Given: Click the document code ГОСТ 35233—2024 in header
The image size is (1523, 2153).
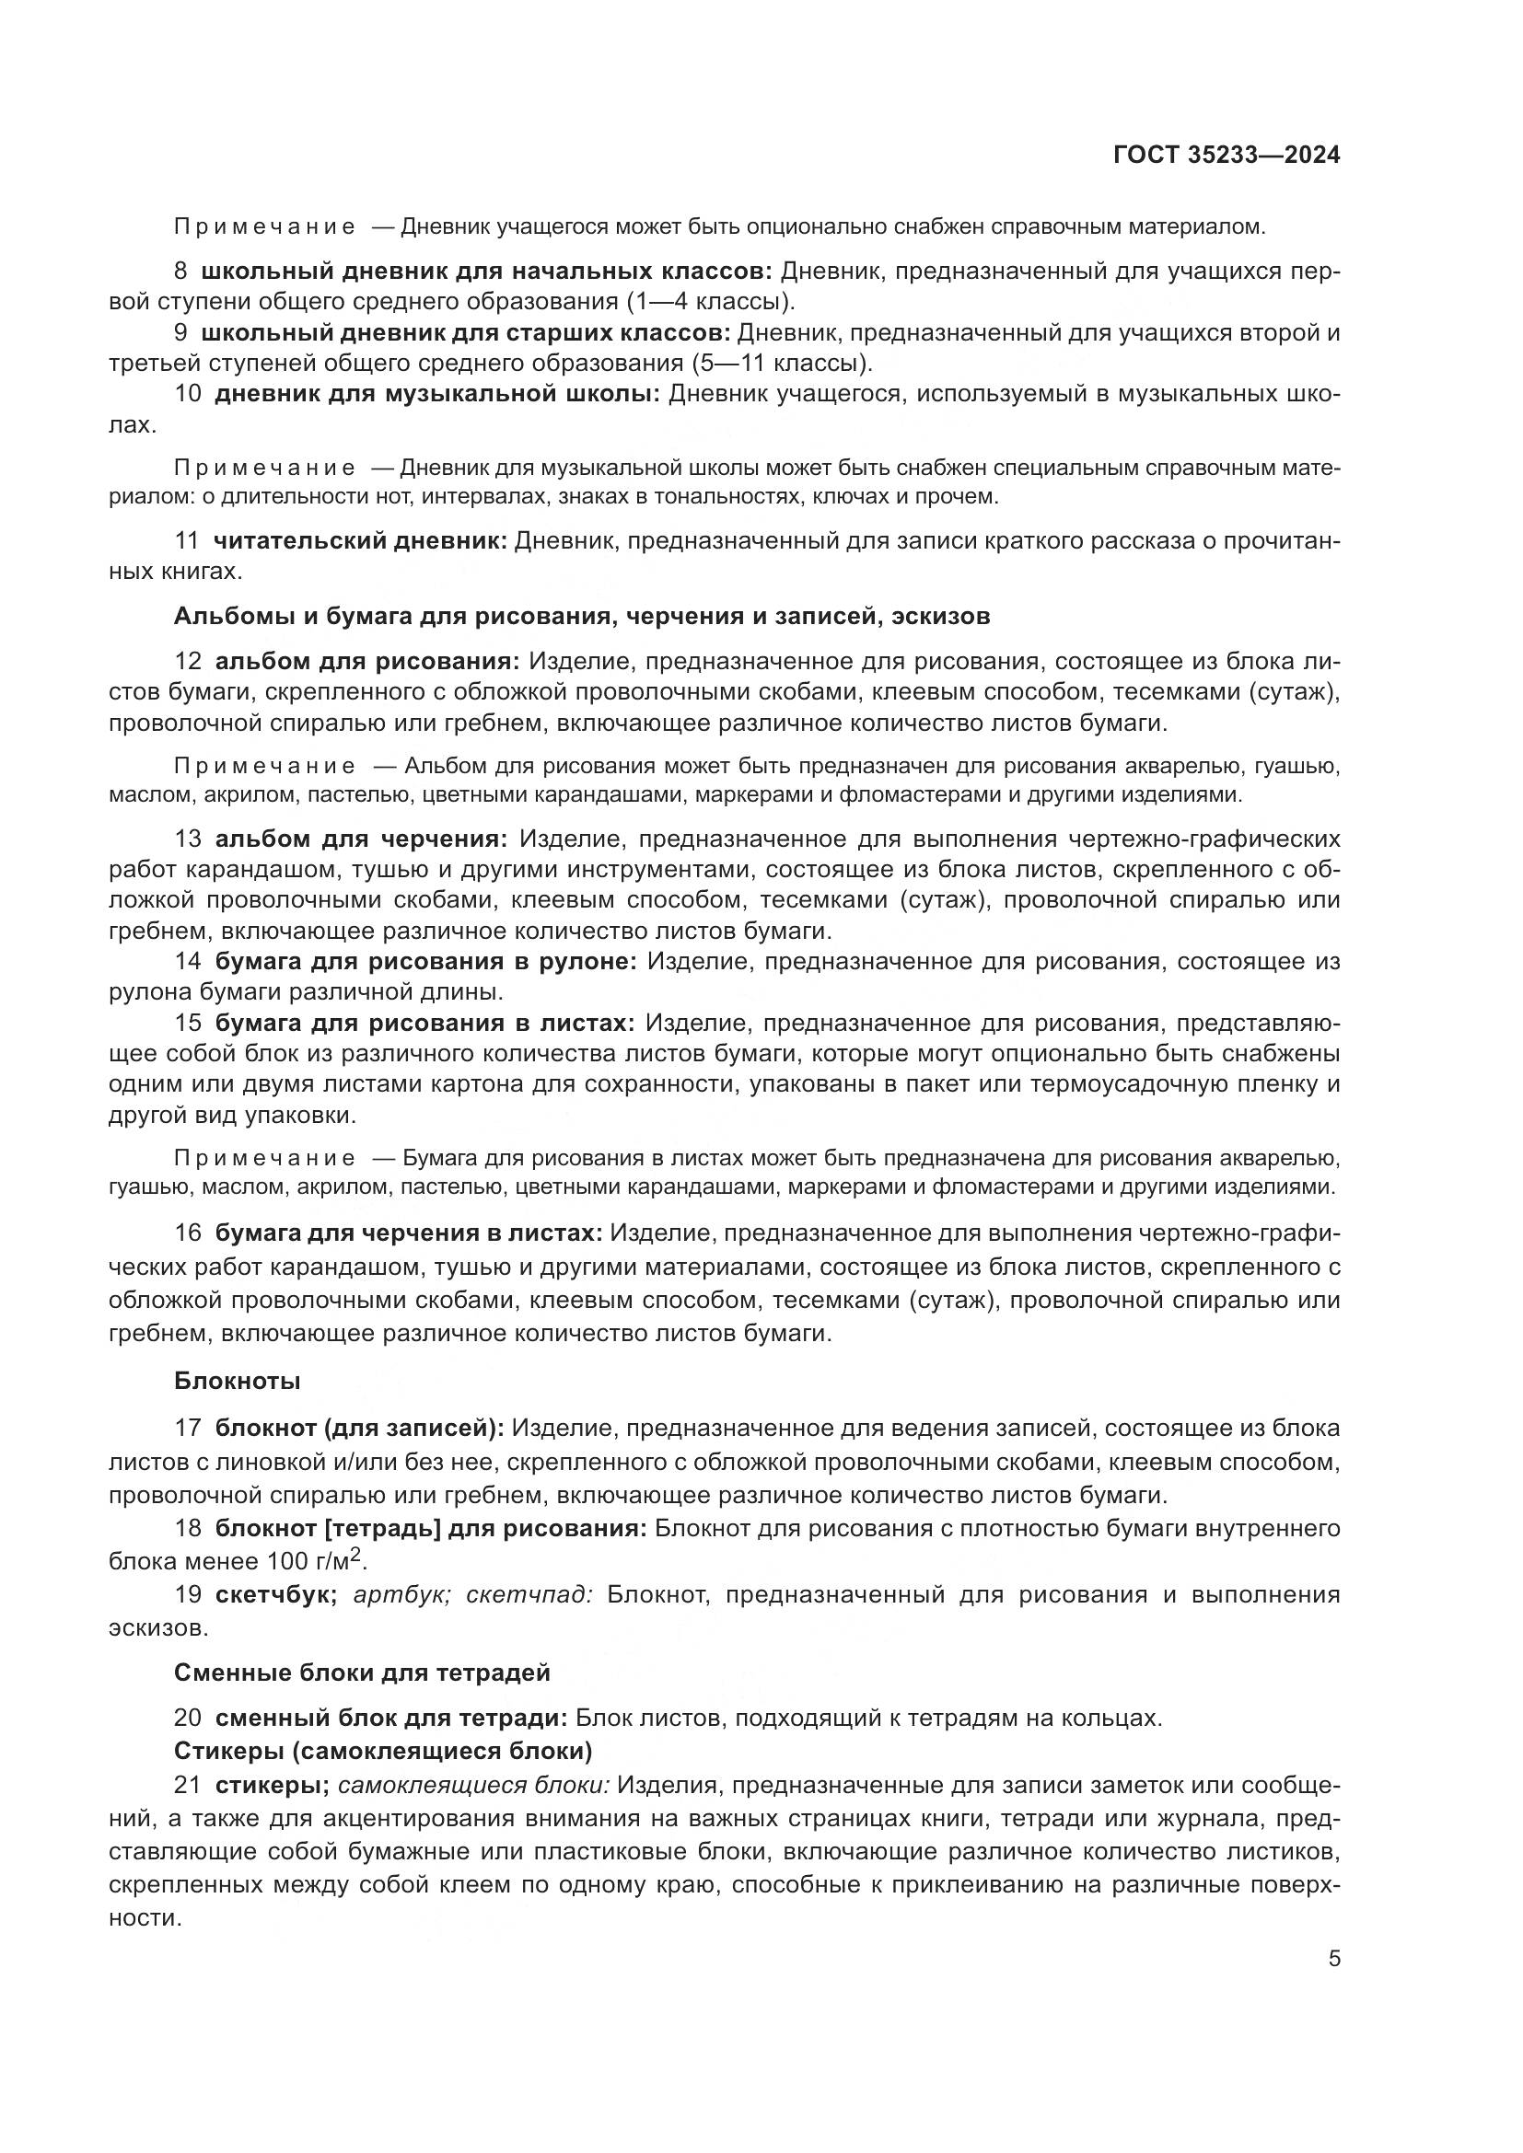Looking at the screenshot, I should (1226, 155).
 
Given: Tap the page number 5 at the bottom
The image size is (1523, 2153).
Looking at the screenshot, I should (1333, 1959).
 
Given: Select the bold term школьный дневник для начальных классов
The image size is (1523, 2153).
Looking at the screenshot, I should (486, 271).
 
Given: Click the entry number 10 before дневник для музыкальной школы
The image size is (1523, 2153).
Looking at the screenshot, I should (188, 394).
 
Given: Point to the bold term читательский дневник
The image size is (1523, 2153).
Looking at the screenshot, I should (360, 540).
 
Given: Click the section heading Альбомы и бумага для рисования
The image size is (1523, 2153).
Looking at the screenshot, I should (581, 616).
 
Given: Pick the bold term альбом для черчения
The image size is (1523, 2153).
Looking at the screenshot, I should (361, 839).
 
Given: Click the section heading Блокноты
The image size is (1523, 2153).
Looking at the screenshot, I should (238, 1381).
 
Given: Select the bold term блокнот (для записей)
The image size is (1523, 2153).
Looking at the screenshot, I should (359, 1429).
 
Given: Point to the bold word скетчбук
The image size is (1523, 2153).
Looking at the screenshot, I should (276, 1595).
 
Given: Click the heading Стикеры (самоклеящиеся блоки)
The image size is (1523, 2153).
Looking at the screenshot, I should (383, 1751).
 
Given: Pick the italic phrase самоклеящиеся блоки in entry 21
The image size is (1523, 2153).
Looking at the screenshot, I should (473, 1786).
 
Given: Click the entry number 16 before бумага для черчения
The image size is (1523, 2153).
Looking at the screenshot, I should (188, 1233).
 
